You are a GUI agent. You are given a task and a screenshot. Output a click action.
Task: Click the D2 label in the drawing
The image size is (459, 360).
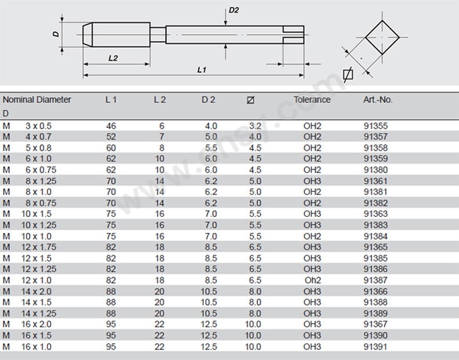(x=234, y=10)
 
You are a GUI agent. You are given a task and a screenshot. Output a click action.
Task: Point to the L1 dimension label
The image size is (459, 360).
(x=202, y=70)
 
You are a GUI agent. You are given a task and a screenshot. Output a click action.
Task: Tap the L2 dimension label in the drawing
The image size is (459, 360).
(x=113, y=58)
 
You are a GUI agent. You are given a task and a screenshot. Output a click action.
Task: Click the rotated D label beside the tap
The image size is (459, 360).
(x=56, y=34)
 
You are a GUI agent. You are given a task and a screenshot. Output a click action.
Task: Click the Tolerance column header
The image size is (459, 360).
(x=312, y=99)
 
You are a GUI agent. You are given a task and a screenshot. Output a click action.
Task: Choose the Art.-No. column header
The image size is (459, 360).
(x=378, y=99)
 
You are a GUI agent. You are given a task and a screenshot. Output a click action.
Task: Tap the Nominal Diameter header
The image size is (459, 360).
(x=37, y=99)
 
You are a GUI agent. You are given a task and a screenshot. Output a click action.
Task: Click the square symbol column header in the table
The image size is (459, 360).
(x=250, y=100)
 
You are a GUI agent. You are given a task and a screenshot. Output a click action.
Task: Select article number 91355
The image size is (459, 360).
(x=375, y=126)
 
